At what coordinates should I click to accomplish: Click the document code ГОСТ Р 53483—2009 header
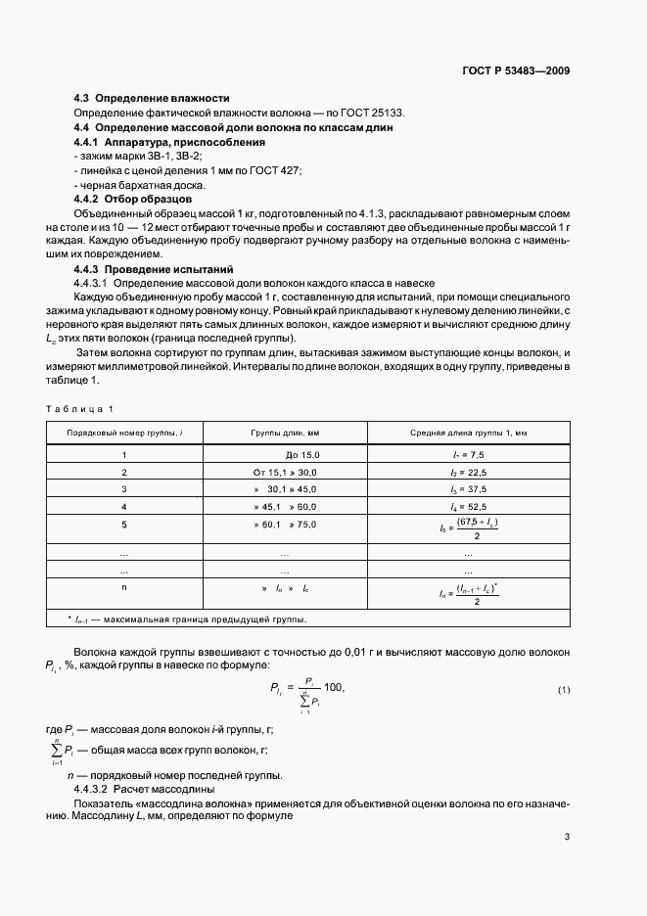click(515, 71)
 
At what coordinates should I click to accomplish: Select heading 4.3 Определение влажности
click(152, 98)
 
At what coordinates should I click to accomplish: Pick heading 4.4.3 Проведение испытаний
click(153, 268)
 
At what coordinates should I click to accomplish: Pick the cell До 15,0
click(301, 455)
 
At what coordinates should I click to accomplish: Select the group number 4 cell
click(124, 506)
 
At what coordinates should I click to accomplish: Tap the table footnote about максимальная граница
click(186, 618)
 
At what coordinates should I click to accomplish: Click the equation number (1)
click(564, 690)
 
